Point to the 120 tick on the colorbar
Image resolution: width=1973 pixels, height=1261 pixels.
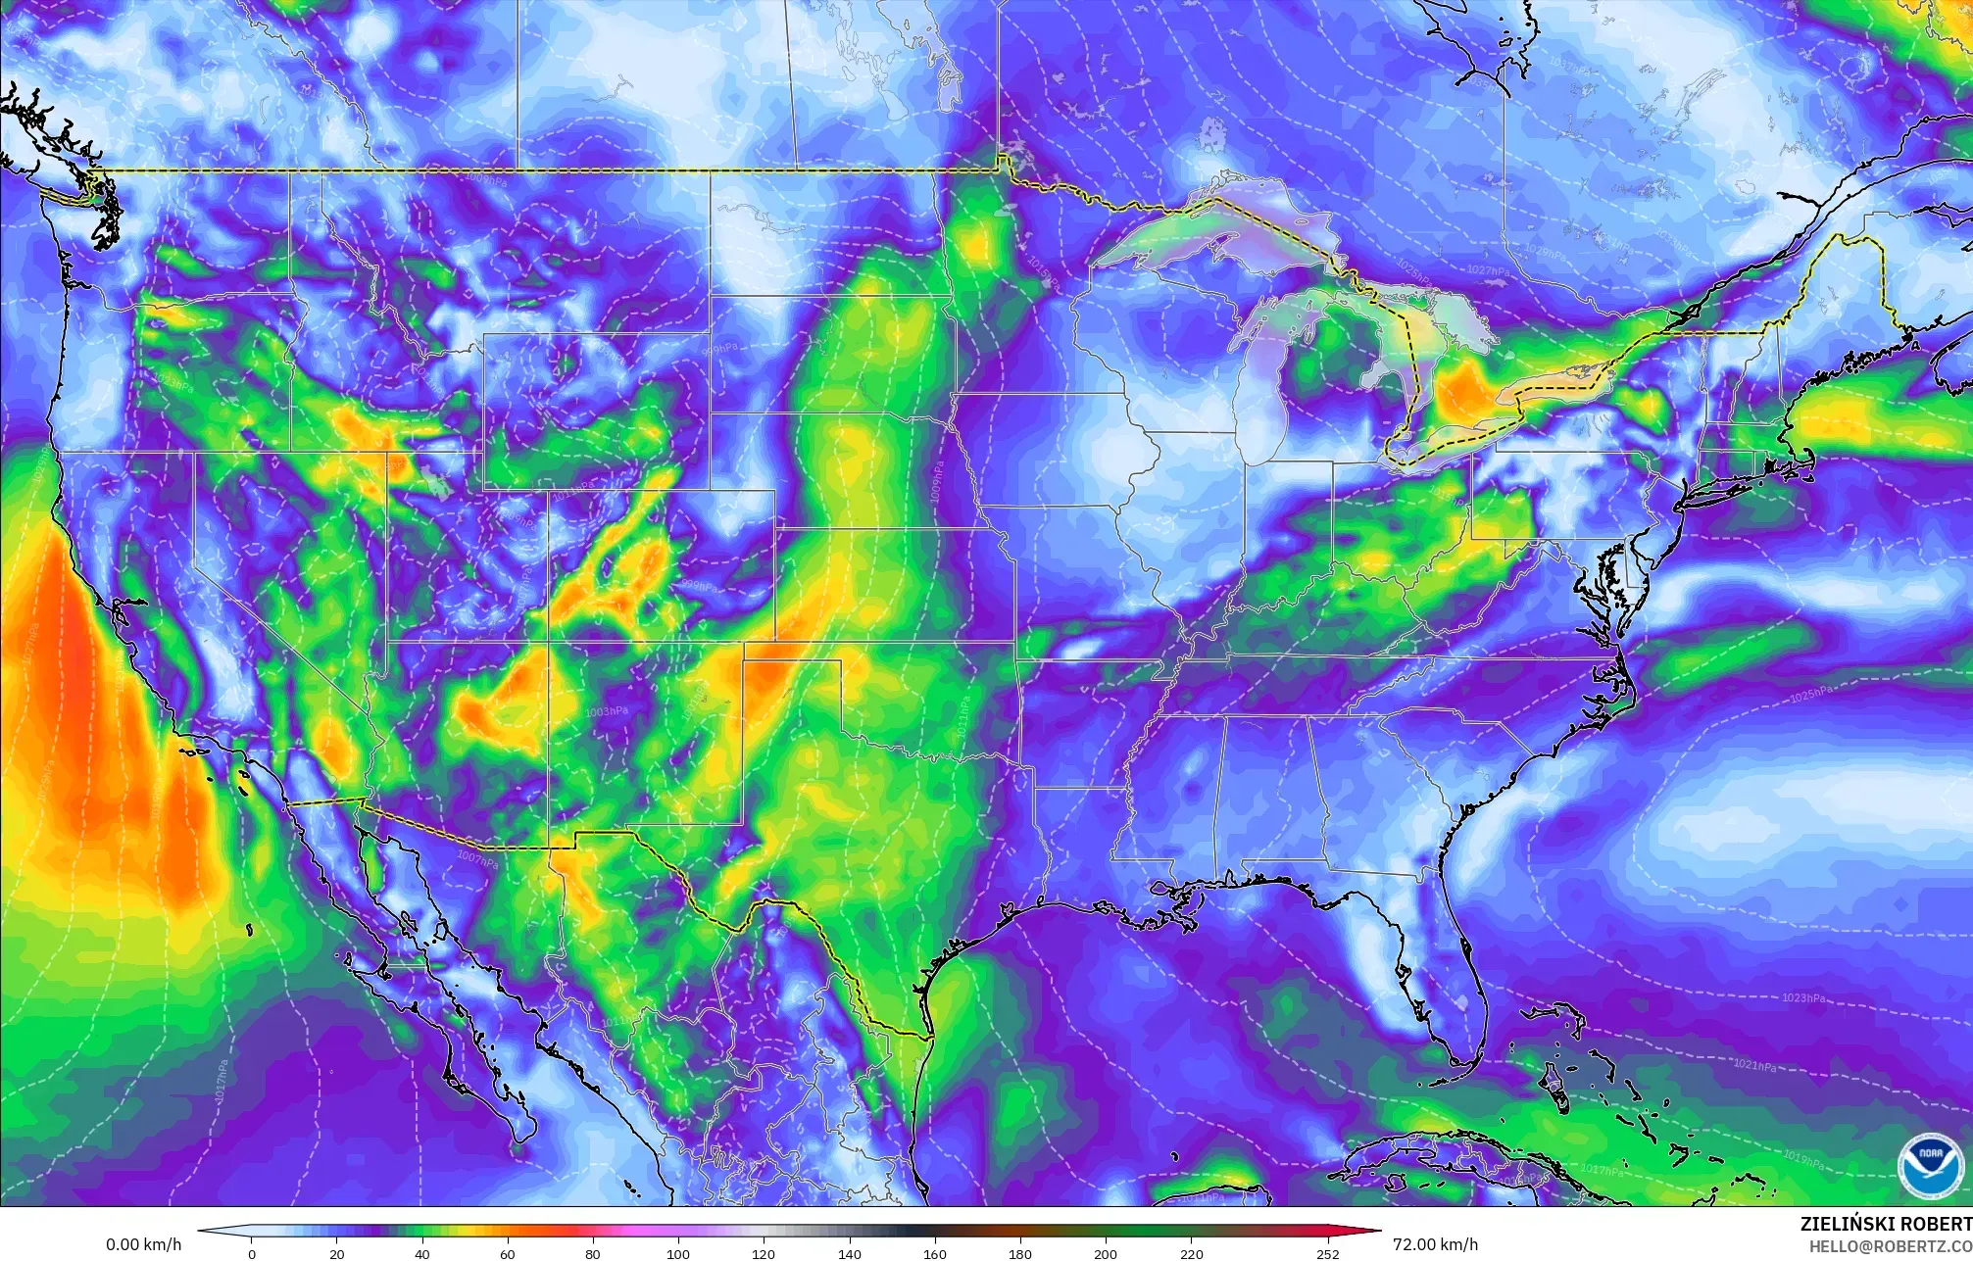pos(764,1253)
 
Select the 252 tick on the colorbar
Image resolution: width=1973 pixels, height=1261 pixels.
pos(1328,1253)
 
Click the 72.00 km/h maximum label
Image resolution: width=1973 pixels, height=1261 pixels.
pos(1435,1245)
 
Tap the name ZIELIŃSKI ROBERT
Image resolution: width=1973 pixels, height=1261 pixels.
pos(1886,1224)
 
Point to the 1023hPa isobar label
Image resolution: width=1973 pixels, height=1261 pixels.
pos(1803,997)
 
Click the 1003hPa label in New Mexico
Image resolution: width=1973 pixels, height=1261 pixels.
pos(605,711)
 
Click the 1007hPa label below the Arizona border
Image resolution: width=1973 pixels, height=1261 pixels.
pos(477,859)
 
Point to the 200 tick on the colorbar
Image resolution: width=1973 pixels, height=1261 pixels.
pos(1105,1253)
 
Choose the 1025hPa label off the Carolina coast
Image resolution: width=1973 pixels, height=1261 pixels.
pos(1809,697)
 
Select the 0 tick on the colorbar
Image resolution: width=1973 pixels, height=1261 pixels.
pos(252,1253)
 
